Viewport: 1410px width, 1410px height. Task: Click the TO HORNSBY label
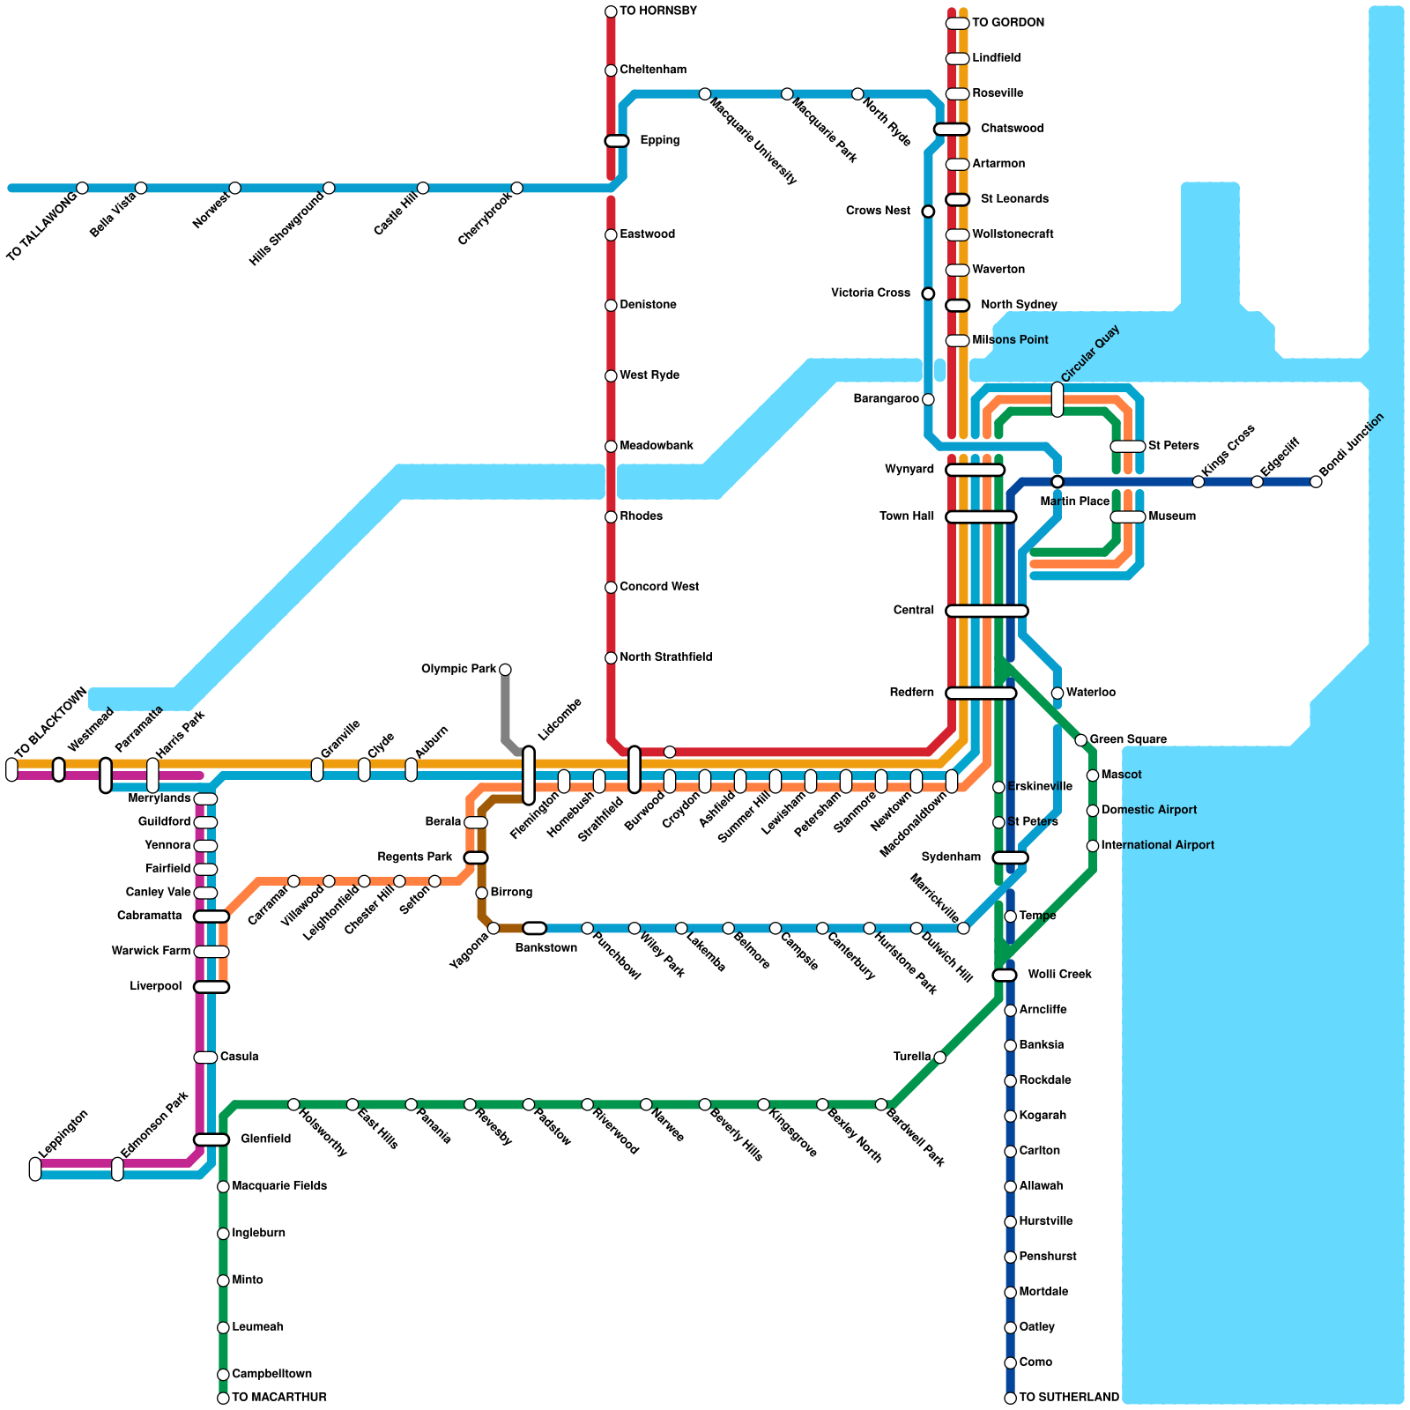(657, 11)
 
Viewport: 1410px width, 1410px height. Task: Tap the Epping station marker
(616, 141)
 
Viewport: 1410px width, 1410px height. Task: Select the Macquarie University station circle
(705, 94)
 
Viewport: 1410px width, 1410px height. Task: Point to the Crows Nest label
(878, 211)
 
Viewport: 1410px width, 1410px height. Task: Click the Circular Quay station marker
(1057, 399)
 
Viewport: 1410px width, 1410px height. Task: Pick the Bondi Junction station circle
(1316, 481)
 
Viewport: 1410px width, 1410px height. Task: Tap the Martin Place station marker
(1057, 481)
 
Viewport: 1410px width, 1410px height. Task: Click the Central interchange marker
(986, 611)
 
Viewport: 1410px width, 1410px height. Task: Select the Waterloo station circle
(1057, 694)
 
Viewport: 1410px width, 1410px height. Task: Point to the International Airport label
(1157, 846)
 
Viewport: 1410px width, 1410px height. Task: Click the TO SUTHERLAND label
(1068, 1398)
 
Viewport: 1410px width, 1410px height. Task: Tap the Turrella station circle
(940, 1057)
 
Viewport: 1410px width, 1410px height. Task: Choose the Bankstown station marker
(534, 928)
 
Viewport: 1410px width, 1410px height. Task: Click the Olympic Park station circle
(505, 670)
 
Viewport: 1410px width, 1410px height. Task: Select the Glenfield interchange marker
(211, 1139)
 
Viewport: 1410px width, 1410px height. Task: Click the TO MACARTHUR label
(278, 1398)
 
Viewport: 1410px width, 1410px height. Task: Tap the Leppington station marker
(35, 1169)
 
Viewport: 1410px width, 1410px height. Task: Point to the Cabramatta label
(150, 916)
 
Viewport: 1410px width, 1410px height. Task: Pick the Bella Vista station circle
(141, 188)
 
